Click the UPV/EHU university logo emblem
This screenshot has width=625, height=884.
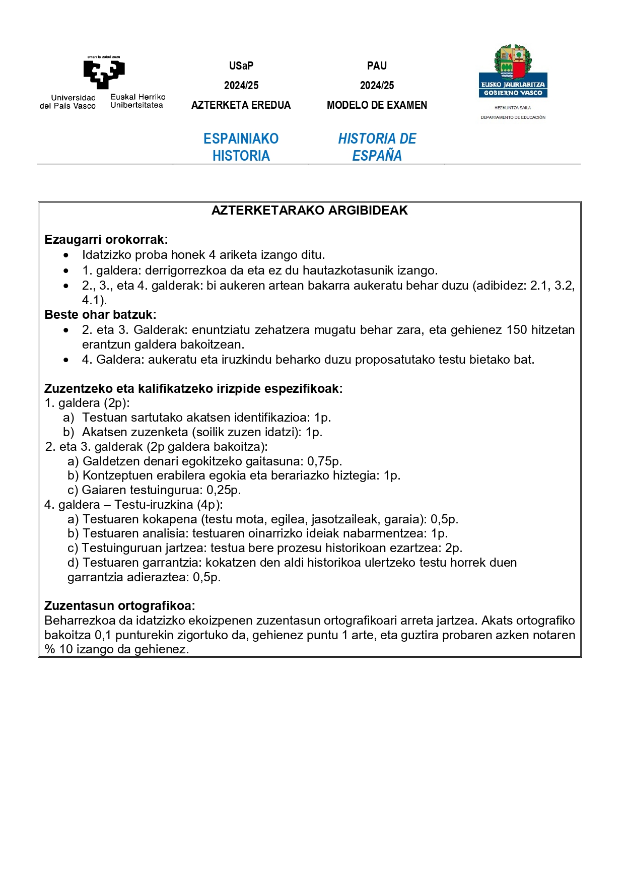[104, 74]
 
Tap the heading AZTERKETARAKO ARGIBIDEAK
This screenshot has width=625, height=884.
[309, 211]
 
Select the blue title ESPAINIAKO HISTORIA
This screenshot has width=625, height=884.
[241, 147]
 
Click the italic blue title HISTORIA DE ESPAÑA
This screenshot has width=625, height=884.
[377, 147]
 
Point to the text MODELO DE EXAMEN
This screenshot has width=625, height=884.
[377, 105]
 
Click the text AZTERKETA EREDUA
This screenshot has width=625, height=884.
[241, 105]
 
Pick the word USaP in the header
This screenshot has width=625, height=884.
[241, 66]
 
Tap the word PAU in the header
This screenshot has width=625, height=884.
[377, 66]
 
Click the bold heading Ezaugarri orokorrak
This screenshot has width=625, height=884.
[106, 240]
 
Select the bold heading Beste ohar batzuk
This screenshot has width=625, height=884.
[100, 315]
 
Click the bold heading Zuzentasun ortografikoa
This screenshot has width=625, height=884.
[119, 606]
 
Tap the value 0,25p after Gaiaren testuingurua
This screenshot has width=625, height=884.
[223, 490]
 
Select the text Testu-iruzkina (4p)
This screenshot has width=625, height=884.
[168, 505]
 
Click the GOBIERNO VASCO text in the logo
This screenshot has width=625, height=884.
[513, 93]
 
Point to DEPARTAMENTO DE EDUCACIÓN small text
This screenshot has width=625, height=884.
[513, 117]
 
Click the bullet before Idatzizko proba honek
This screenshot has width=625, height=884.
[66, 255]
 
